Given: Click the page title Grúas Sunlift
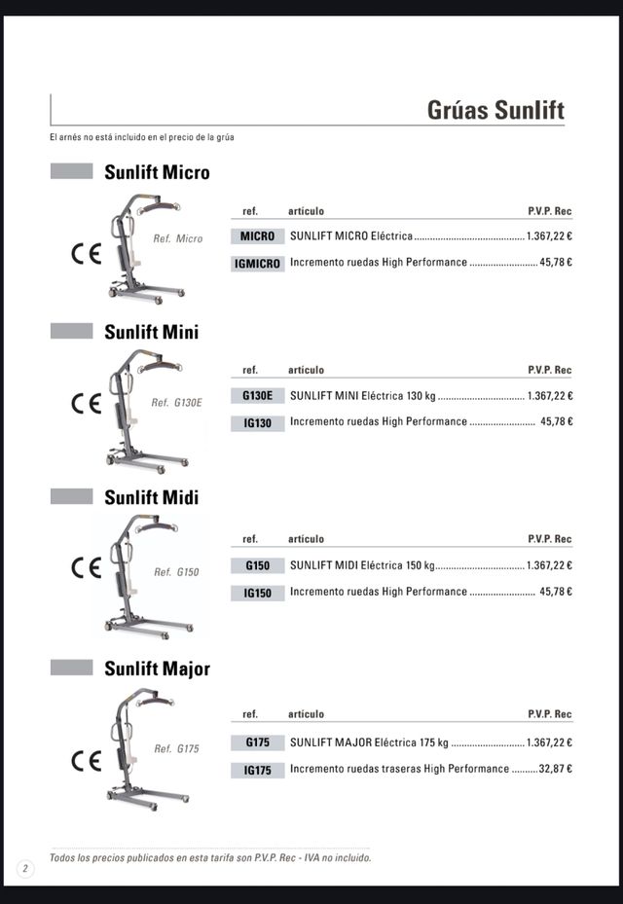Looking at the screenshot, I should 495,110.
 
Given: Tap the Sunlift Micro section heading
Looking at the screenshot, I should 157,173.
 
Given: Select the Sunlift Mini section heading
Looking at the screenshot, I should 151,333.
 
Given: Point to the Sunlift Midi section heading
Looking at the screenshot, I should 151,498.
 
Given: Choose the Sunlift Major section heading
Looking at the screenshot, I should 157,669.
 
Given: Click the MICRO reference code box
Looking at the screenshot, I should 258,236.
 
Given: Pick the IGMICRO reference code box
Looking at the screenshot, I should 258,263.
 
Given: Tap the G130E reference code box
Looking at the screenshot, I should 258,396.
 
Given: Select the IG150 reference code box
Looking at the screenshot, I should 258,593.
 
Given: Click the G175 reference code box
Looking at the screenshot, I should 258,742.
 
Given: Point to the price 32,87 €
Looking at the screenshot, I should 555,769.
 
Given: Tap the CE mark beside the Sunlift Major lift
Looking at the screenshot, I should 87,761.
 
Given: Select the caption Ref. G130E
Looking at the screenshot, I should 176,403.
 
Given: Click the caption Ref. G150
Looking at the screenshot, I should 176,572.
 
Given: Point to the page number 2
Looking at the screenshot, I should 24,868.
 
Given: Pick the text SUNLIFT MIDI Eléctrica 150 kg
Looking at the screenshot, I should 362,565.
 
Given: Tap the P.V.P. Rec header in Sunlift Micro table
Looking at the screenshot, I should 549,211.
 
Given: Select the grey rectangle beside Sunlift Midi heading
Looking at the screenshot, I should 71,496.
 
